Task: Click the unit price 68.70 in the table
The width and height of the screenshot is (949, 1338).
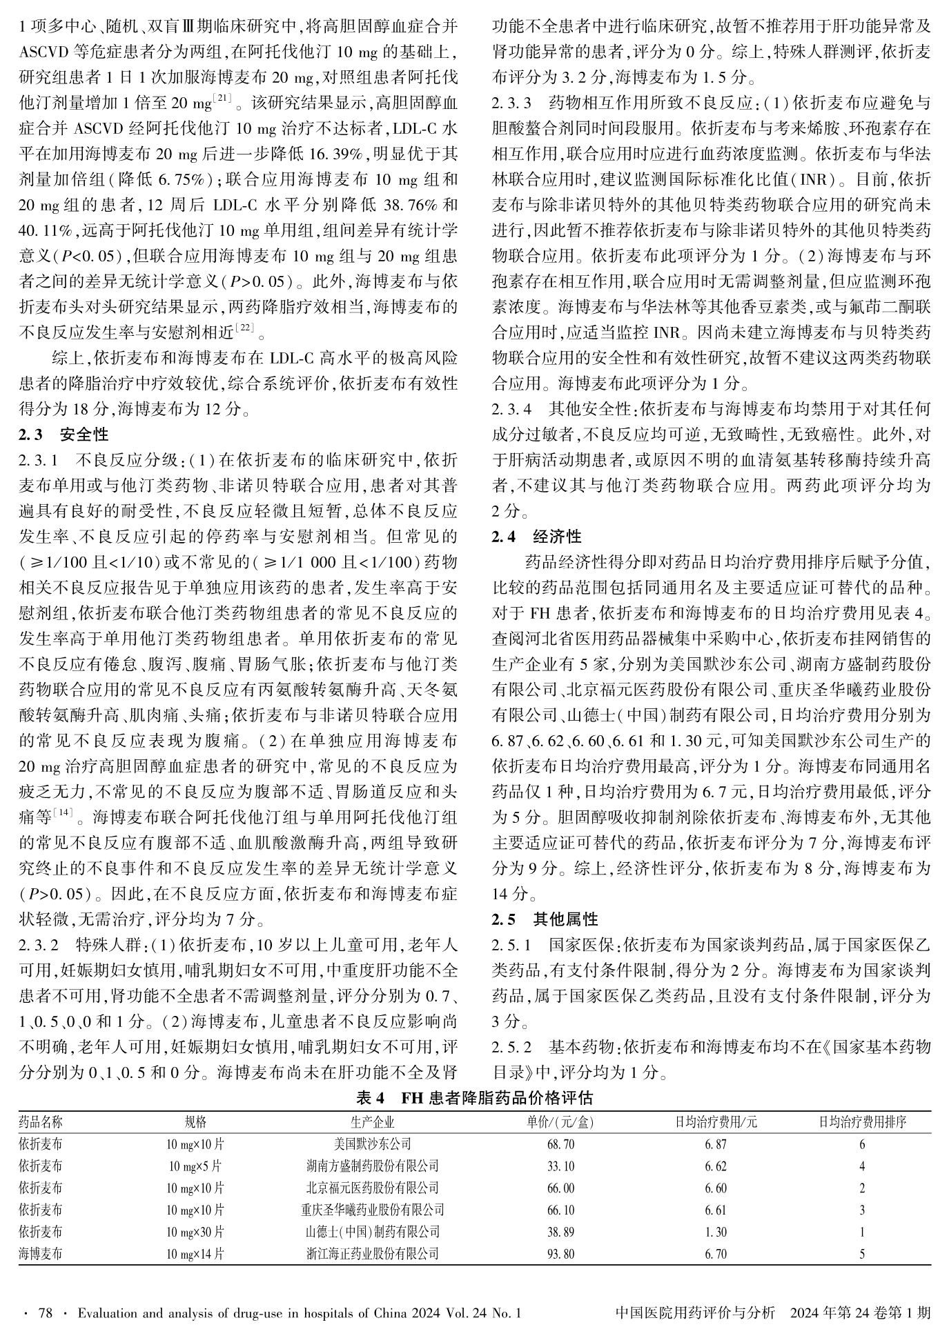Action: (x=560, y=1144)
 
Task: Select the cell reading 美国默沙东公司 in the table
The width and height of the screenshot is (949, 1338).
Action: (x=372, y=1144)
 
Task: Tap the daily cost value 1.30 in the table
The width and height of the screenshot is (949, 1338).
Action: (x=715, y=1232)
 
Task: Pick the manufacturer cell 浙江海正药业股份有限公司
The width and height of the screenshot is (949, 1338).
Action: (x=372, y=1254)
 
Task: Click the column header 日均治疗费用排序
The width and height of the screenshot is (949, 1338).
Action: (x=862, y=1122)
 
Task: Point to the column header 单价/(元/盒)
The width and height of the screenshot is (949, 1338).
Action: (x=560, y=1122)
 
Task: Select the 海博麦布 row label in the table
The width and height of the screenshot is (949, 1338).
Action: (x=40, y=1254)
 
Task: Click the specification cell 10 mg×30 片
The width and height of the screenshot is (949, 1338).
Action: (x=195, y=1232)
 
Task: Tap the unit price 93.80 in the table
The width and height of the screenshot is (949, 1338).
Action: (x=560, y=1254)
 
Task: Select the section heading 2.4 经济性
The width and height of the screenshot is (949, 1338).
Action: (x=536, y=537)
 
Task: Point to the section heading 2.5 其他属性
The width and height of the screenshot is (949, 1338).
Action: (x=545, y=919)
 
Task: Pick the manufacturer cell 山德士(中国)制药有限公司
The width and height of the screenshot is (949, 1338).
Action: (x=372, y=1232)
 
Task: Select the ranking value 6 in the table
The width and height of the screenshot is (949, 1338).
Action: (x=862, y=1144)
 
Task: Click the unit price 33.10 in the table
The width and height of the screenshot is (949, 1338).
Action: (x=560, y=1166)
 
